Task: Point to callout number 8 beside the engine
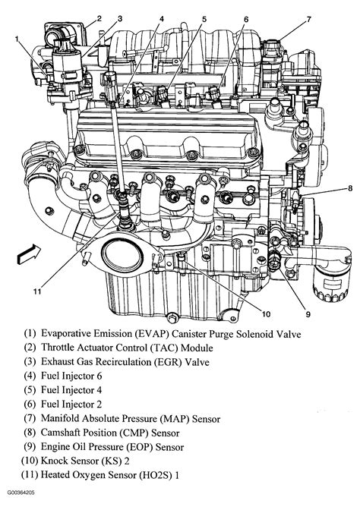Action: coord(350,189)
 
